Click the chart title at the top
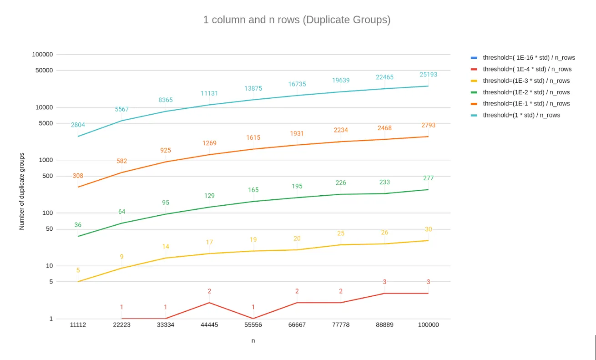(x=297, y=20)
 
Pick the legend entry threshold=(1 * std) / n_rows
(x=521, y=115)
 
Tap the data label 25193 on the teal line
(x=428, y=75)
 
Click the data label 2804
(x=78, y=125)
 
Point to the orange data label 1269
(x=209, y=143)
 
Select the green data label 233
(x=384, y=182)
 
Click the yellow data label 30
(x=428, y=229)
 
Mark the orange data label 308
(x=78, y=176)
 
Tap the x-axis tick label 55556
(x=253, y=325)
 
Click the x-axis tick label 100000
(x=428, y=325)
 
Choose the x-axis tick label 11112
(x=78, y=325)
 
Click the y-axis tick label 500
(x=47, y=176)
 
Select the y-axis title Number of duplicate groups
(x=22, y=191)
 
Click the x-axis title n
(x=253, y=340)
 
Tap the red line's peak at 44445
(x=209, y=303)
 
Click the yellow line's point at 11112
(x=78, y=282)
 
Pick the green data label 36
(x=78, y=225)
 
